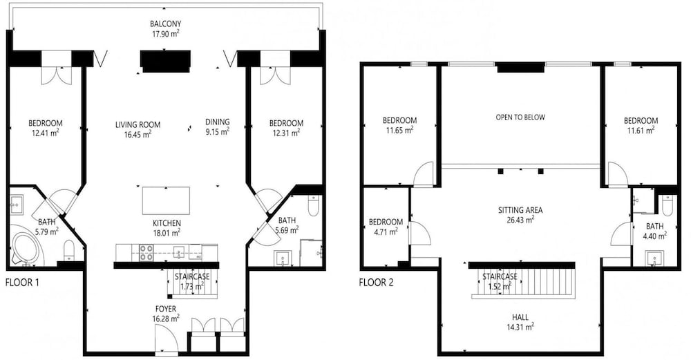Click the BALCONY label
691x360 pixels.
click(165, 23)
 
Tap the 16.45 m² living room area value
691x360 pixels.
click(138, 134)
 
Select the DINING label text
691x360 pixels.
click(217, 122)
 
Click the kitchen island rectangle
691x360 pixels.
click(166, 200)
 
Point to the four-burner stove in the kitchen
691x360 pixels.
click(146, 253)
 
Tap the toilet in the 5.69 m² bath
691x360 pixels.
click(313, 205)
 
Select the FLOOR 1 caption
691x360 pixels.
click(22, 282)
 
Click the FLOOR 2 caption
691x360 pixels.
click(376, 282)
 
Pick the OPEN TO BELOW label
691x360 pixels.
click(520, 117)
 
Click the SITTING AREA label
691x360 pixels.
click(520, 210)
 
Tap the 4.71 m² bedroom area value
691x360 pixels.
click(386, 231)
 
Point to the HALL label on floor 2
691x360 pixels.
click(520, 317)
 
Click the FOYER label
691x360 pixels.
click(165, 309)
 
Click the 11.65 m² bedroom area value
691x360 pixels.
click(399, 130)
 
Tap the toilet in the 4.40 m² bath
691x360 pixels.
click(668, 205)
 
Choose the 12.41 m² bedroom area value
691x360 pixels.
click(46, 133)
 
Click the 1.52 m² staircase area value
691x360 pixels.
click(500, 287)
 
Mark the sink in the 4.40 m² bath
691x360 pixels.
click(654, 258)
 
